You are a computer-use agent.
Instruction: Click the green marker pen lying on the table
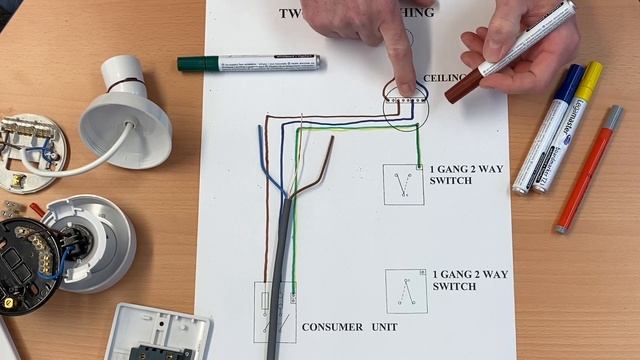click(250, 63)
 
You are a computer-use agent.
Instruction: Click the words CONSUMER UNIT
click(349, 327)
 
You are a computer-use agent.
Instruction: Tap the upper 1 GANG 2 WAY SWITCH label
click(466, 175)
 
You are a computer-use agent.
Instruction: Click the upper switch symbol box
click(403, 185)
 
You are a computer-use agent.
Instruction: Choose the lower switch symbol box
click(406, 291)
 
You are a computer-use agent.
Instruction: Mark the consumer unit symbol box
click(274, 312)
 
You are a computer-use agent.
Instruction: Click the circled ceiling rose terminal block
click(406, 101)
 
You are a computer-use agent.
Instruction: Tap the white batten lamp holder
click(125, 112)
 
